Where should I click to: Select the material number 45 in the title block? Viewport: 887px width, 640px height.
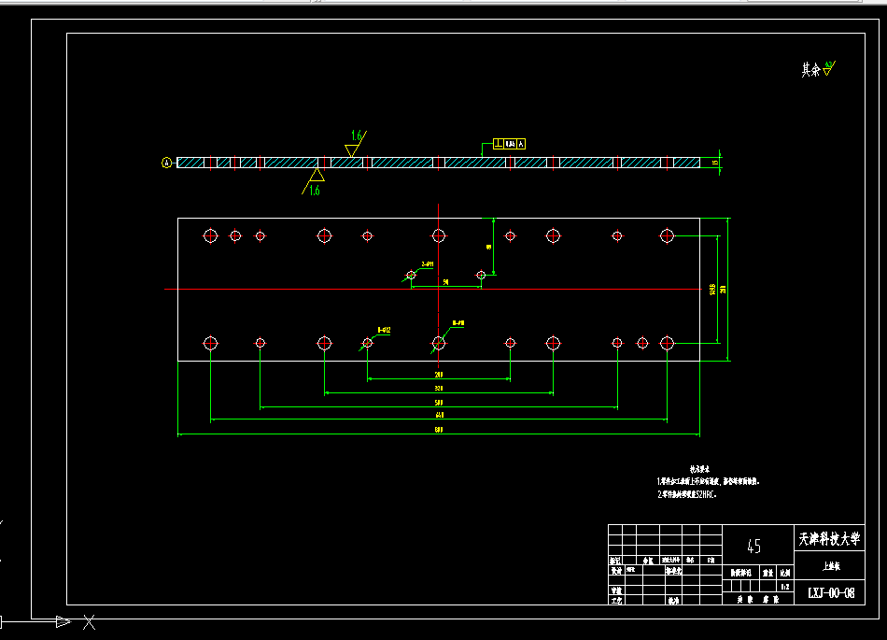[754, 547]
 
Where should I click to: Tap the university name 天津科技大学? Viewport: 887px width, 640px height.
[827, 540]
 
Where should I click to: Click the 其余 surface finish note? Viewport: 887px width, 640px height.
[816, 69]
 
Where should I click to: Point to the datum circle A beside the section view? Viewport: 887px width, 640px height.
[167, 163]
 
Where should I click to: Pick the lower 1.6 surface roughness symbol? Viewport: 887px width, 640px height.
[315, 182]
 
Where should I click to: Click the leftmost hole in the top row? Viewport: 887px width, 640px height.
[210, 235]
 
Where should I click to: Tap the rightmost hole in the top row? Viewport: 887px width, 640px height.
[667, 235]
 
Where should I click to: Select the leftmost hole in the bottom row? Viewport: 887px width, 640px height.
[210, 343]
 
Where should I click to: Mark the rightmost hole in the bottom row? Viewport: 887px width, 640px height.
[667, 343]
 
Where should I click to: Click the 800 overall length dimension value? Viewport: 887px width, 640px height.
[439, 430]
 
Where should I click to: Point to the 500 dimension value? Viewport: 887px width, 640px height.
[439, 403]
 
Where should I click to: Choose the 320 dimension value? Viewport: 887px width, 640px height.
[439, 389]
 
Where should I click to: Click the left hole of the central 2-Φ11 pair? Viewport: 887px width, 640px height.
[411, 275]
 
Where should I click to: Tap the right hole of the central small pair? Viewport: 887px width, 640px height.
[481, 275]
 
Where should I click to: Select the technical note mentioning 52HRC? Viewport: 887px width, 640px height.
[686, 493]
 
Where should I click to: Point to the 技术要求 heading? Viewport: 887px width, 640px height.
[699, 469]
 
